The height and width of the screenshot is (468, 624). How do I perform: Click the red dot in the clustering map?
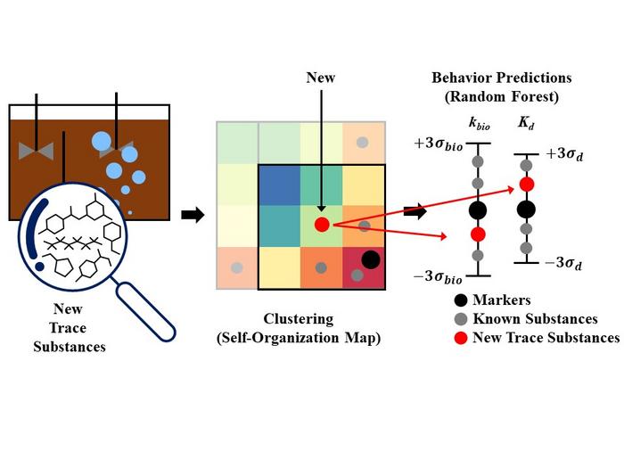point(321,225)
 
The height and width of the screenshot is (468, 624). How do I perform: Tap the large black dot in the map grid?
point(371,259)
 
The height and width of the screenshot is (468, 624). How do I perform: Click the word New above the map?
point(320,78)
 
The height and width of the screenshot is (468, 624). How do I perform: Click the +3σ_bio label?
point(436,146)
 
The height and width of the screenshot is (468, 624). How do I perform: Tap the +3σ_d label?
point(568,154)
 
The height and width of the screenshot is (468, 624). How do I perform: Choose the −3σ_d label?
point(568,264)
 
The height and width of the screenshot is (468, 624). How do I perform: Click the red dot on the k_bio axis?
point(478,234)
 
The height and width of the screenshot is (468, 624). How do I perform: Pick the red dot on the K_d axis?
point(526,185)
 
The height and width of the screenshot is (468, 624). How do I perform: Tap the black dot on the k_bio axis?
point(478,210)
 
